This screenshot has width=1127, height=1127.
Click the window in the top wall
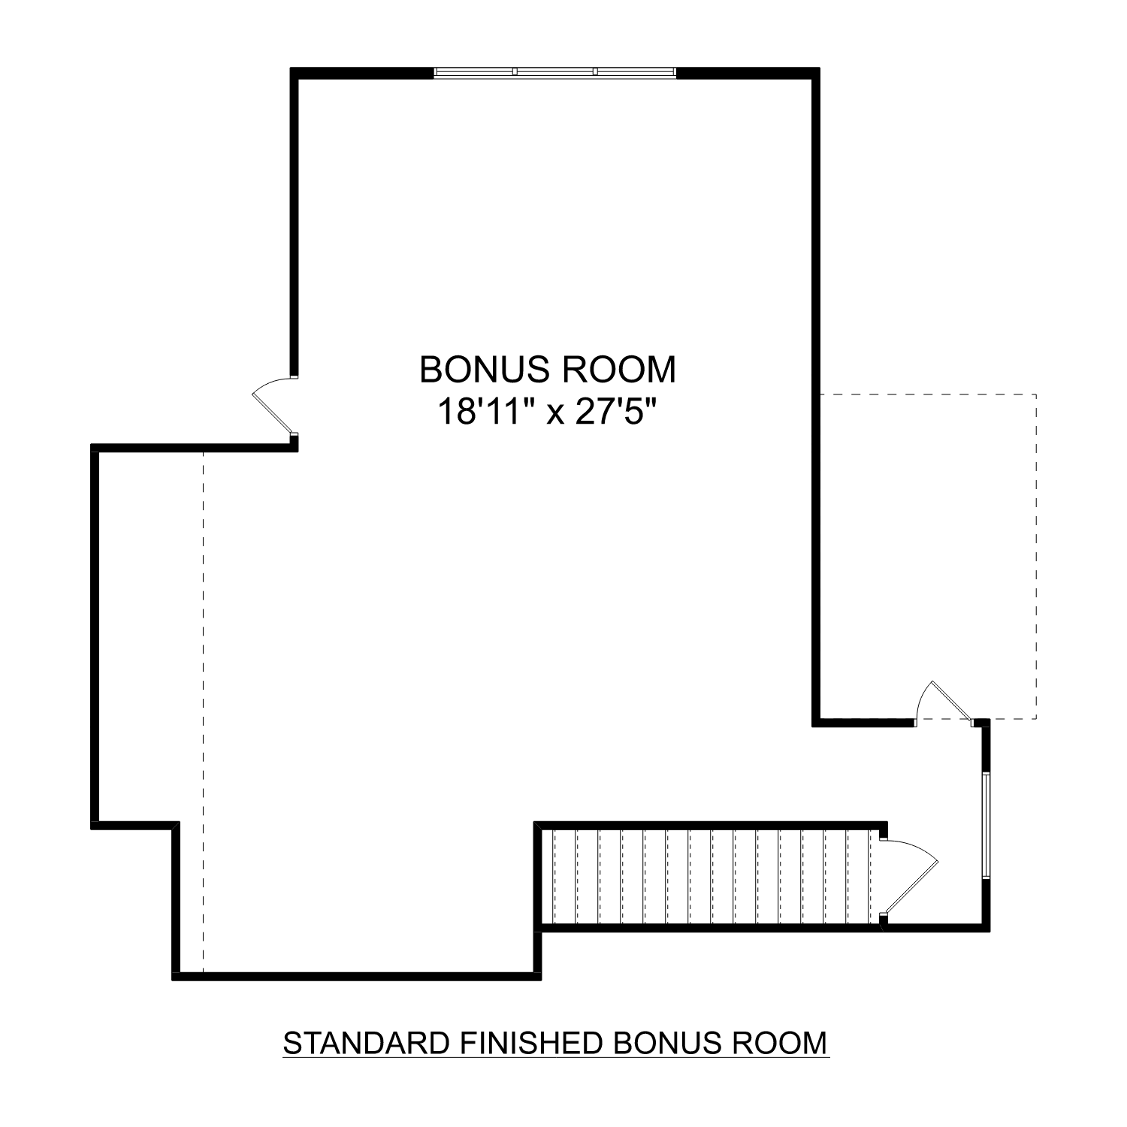point(555,72)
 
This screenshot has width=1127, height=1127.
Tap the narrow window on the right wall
point(985,824)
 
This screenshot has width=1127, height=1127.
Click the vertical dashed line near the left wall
point(203,706)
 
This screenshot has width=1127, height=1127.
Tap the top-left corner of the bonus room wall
point(295,73)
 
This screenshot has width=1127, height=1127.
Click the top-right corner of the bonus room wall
point(815,73)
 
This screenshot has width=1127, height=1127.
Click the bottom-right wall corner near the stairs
point(985,928)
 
